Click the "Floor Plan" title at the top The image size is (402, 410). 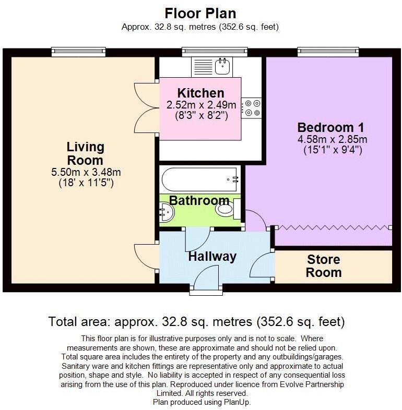(200, 13)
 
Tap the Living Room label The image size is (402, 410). (85, 153)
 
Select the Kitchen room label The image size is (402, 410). (200, 94)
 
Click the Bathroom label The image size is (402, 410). (199, 200)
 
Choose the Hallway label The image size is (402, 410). (212, 257)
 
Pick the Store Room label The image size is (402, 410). (323, 266)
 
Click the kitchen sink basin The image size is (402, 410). (225, 65)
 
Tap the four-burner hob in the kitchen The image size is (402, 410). (253, 107)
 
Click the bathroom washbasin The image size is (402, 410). (165, 211)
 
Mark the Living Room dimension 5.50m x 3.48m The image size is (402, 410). (85, 172)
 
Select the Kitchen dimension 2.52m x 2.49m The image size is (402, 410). (201, 105)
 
